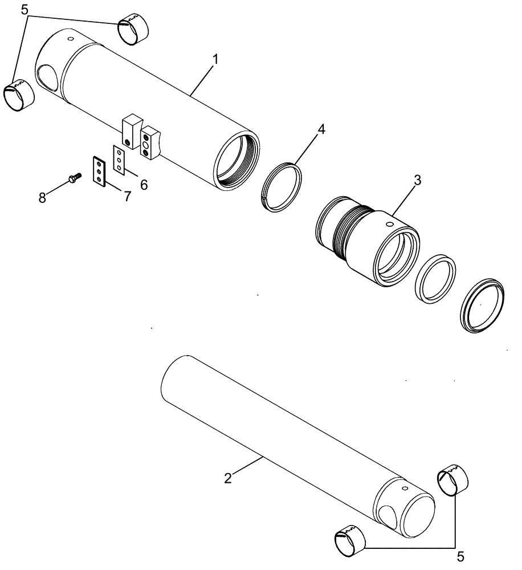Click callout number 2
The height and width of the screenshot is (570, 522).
click(227, 478)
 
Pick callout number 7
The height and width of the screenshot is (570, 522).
click(127, 197)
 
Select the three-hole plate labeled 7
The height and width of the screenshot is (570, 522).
click(99, 170)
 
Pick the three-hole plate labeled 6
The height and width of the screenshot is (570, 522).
click(119, 160)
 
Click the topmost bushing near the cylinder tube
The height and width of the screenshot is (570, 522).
click(133, 30)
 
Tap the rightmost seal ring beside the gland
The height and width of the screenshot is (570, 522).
click(483, 304)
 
